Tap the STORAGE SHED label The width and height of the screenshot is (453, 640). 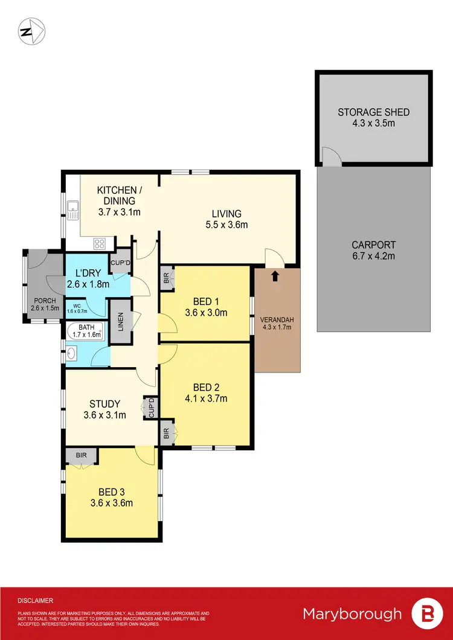point(373,112)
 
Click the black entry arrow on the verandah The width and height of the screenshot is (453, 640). point(275,277)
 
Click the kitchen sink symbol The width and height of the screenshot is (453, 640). point(73,210)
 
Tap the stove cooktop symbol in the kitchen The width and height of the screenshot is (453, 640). point(99,244)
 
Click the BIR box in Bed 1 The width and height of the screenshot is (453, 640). point(165,278)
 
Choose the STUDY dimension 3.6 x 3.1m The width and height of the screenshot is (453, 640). point(104,415)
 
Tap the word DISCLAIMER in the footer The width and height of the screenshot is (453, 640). point(36,601)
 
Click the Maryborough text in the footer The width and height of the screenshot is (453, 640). point(352,614)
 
